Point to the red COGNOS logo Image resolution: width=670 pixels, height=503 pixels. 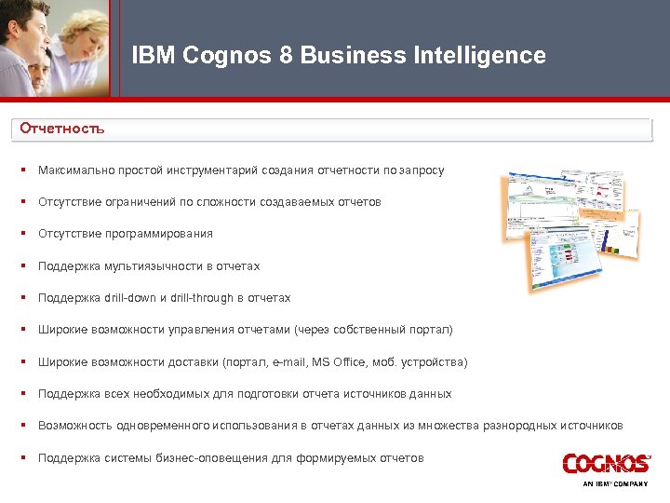(605, 464)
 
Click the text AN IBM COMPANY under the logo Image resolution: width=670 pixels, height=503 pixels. (615, 484)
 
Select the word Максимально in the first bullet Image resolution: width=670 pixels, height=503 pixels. (72, 170)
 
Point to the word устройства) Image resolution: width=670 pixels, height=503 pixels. (435, 362)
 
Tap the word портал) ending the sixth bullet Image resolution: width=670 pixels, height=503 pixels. (432, 330)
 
